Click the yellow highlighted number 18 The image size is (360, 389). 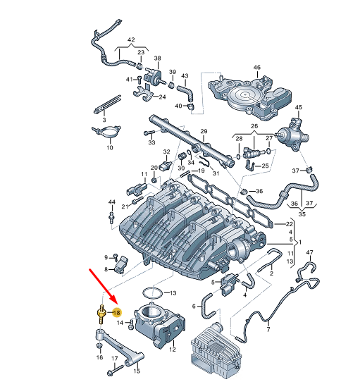(x=116, y=313)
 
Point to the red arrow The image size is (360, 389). (x=104, y=287)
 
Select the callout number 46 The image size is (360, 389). (x=257, y=67)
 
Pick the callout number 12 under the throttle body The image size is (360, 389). (x=173, y=350)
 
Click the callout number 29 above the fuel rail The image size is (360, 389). (x=204, y=131)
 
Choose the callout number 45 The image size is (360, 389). (x=299, y=107)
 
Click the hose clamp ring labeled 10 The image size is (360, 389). (x=106, y=132)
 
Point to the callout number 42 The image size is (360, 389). (x=131, y=39)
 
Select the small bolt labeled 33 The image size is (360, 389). (x=149, y=133)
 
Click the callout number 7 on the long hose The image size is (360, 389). (x=268, y=329)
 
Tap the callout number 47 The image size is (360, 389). (x=310, y=252)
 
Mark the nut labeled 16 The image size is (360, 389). (x=99, y=346)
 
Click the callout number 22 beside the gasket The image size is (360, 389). (x=290, y=224)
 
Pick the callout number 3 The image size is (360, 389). (x=104, y=120)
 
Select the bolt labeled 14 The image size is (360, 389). (x=131, y=324)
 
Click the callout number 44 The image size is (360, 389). (x=112, y=202)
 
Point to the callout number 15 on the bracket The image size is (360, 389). (x=137, y=371)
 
